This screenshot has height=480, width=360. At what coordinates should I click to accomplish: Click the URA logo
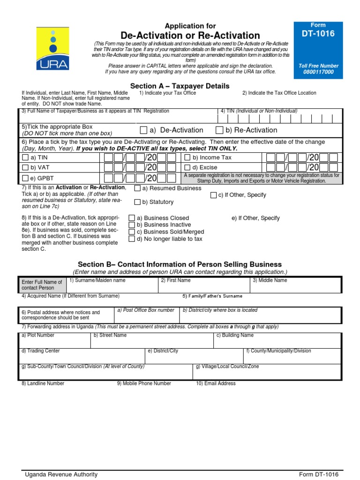pos(53,48)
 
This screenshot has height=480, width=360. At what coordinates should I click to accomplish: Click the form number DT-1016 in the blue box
pos(318,34)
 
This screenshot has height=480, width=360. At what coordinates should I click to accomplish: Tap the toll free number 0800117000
pos(318,72)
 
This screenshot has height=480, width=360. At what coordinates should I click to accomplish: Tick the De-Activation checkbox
pos(143,130)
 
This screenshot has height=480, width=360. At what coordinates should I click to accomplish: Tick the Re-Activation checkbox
pos(219,130)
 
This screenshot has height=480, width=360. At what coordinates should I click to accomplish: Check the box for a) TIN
pos(25,158)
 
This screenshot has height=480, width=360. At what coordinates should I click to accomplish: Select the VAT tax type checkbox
pos(25,167)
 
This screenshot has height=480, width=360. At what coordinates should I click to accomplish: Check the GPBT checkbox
pos(25,178)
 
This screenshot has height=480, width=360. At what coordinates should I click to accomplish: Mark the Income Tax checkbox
pos(187,158)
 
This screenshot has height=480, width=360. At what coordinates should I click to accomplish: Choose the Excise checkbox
pos(187,167)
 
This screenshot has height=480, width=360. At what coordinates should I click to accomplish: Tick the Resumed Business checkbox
pos(137,188)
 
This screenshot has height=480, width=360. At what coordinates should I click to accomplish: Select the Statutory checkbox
pos(137,202)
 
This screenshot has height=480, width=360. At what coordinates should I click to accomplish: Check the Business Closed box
pos(132,218)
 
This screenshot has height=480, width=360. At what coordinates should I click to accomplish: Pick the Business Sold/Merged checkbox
pos(132,232)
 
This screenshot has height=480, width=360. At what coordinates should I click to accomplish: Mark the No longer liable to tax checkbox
pos(132,239)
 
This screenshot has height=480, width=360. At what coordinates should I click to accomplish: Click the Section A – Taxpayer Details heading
pos(180,86)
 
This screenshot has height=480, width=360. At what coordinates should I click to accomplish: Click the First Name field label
pos(176,280)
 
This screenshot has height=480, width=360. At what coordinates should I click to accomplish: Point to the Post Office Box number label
pos(146,310)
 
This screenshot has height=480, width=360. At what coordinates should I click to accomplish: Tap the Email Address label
pos(216,383)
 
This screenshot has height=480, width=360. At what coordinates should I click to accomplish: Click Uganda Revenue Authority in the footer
pos(61,474)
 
